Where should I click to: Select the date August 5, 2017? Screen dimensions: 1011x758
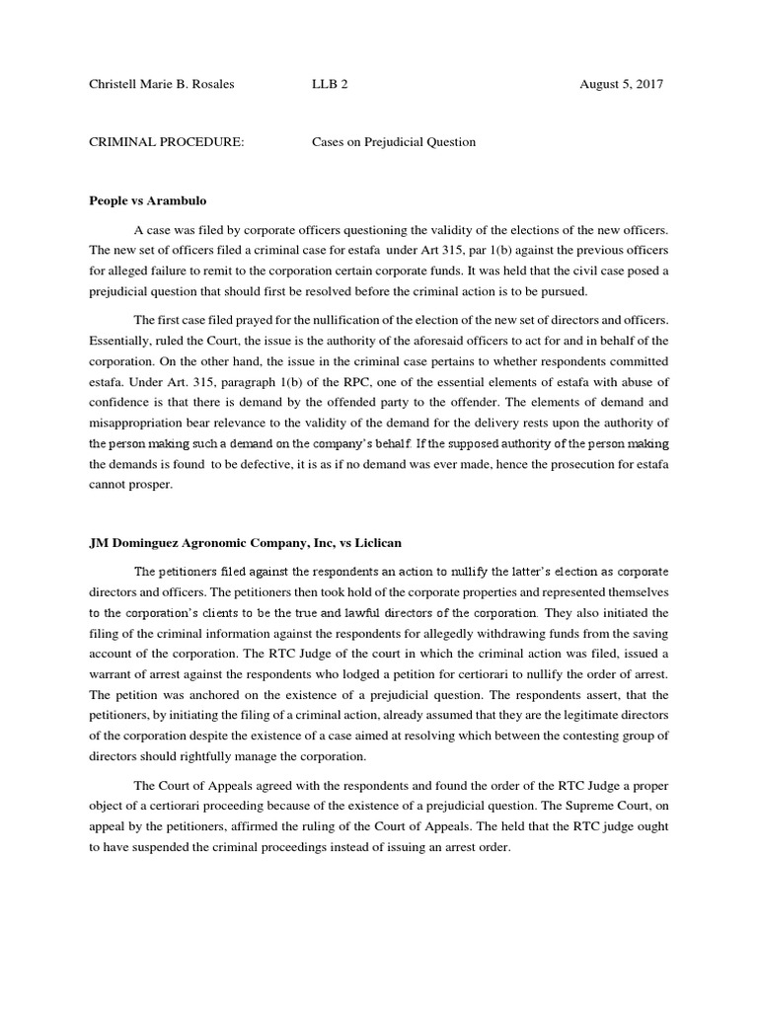tap(622, 85)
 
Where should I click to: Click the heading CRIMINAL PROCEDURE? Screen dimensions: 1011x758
tap(167, 142)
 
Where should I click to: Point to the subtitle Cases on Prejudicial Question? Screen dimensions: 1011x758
tap(394, 142)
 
